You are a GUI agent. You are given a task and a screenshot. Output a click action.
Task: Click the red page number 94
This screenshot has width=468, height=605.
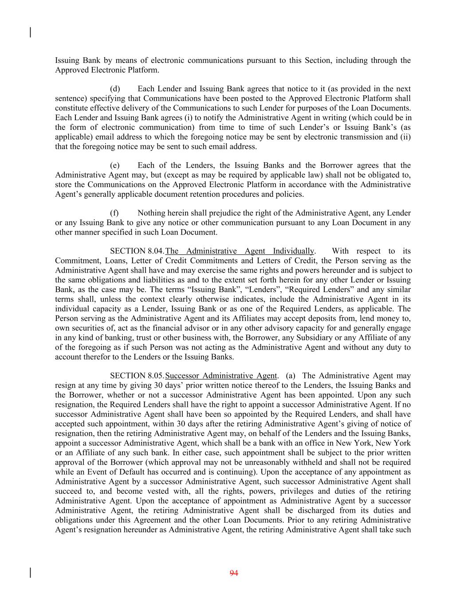234,573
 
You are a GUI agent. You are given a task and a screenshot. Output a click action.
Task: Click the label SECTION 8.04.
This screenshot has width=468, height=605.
137,251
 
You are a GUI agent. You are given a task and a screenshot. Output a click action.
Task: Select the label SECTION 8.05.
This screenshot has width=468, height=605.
137,376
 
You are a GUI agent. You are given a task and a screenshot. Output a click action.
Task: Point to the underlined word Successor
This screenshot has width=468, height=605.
182,376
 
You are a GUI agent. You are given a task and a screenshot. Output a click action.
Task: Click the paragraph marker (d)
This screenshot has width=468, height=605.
115,89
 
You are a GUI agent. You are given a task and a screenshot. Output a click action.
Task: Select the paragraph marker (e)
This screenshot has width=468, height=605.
115,165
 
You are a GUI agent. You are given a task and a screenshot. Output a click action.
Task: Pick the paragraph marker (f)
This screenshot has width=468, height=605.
114,213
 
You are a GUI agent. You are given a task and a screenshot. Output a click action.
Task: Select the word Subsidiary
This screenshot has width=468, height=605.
314,338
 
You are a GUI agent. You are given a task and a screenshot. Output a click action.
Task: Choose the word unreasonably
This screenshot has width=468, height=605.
278,462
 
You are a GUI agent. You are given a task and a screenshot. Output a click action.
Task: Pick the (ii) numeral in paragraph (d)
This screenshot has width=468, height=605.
405,137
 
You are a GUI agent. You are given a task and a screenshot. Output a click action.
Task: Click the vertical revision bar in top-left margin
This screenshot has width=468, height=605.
30,32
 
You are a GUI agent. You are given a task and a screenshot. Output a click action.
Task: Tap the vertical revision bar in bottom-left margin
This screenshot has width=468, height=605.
30,573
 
